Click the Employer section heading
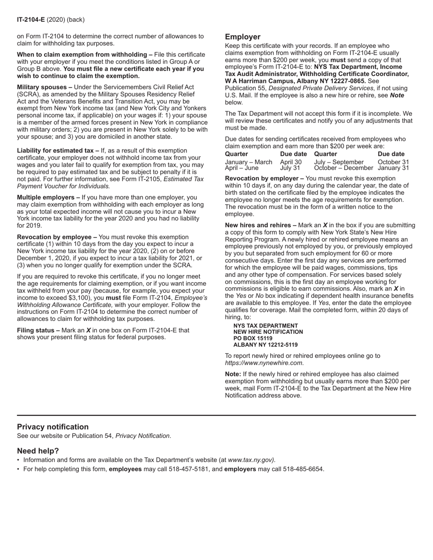click(242, 37)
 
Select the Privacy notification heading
click(53, 427)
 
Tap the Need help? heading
click(38, 451)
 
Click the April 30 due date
click(291, 162)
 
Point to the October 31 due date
click(393, 162)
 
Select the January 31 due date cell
click(393, 168)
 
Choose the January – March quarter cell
click(248, 162)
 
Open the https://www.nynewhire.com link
click(264, 363)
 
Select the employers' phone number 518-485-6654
click(303, 469)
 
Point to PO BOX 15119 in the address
click(253, 339)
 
